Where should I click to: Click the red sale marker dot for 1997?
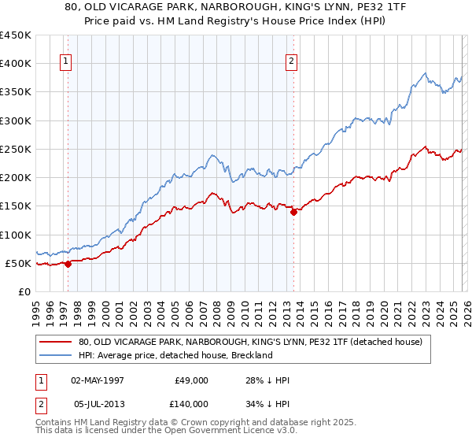68,264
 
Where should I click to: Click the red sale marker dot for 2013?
293,211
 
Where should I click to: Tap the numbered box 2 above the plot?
291,61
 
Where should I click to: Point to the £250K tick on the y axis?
16,149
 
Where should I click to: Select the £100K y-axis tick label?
16,235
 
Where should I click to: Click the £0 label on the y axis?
24,291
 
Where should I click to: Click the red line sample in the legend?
56,342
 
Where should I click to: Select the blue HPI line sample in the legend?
56,355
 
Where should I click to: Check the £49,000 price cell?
191,380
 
